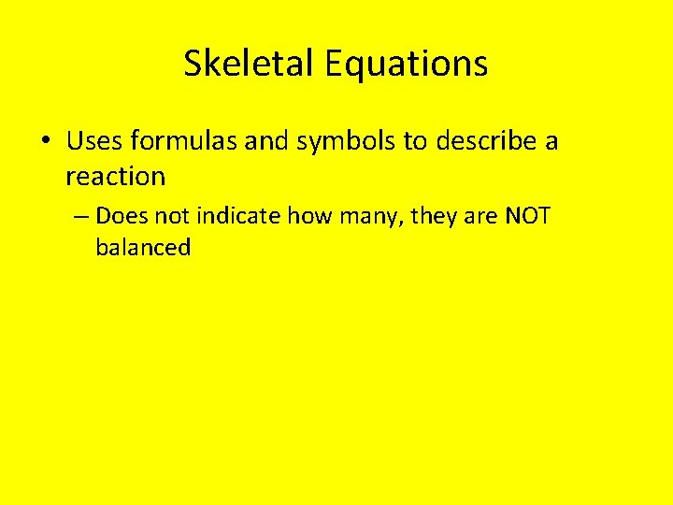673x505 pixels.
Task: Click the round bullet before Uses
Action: [45, 142]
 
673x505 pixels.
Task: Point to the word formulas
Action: [184, 141]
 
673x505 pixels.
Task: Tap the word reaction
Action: [115, 176]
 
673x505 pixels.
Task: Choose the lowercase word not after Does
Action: [171, 217]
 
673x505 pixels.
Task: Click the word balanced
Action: [142, 248]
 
